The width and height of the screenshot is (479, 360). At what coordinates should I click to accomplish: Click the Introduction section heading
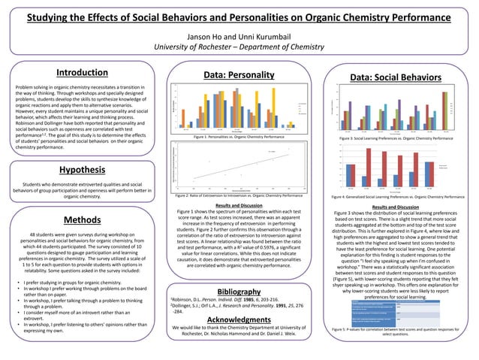pos(83,73)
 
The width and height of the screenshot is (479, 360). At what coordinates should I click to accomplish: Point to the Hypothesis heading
pos(82,170)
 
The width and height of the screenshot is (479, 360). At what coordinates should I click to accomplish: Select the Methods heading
pos(83,219)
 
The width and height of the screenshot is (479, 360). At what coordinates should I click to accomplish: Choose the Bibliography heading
pos(239,291)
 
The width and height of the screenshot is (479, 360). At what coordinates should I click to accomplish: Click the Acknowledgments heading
pos(239,319)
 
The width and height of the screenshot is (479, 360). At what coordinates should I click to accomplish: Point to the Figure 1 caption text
pos(239,138)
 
